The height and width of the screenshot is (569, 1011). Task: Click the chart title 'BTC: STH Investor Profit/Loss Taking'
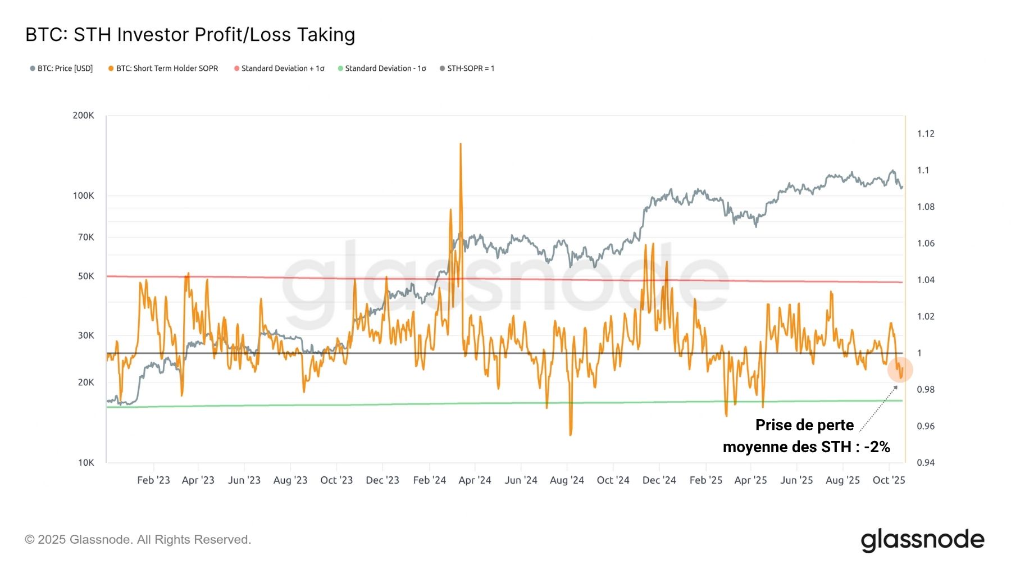point(190,35)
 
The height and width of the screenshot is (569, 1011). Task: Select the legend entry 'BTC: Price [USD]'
point(61,69)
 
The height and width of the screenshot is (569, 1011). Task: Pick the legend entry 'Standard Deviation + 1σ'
point(279,69)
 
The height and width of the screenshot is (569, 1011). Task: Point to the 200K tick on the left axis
point(83,115)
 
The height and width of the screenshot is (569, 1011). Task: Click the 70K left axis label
point(86,237)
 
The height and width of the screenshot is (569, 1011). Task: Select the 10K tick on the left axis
point(86,463)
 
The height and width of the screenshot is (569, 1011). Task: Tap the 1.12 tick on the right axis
point(926,134)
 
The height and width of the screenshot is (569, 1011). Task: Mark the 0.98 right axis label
point(926,390)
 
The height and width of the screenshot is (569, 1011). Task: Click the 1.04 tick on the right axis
point(926,280)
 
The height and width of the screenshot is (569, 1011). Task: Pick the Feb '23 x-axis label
point(153,480)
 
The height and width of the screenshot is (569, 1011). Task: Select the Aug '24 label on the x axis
point(567,480)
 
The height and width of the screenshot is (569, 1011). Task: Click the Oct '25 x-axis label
point(889,480)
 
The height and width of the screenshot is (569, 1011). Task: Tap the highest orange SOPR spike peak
point(461,144)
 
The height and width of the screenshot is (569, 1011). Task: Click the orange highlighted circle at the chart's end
point(900,370)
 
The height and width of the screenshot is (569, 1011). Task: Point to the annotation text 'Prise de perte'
point(804,425)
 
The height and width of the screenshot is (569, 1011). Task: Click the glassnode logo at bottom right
point(922,540)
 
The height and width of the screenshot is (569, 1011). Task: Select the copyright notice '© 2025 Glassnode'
point(138,540)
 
